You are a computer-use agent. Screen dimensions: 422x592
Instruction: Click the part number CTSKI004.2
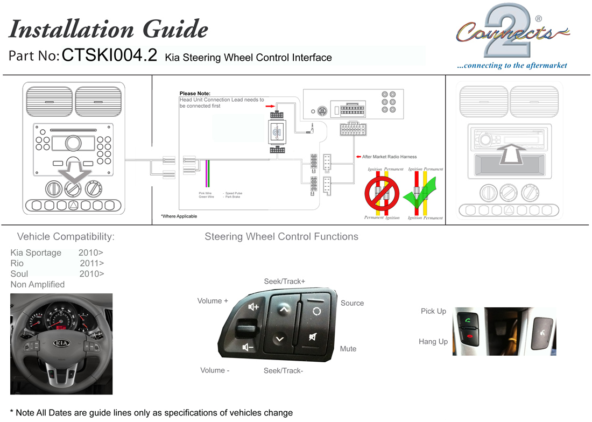(110, 55)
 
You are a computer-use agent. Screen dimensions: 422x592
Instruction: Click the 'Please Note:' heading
(195, 94)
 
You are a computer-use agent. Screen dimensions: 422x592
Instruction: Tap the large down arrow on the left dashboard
(73, 171)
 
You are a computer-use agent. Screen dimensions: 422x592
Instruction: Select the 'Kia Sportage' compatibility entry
(36, 252)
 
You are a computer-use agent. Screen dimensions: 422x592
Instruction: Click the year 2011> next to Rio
(91, 263)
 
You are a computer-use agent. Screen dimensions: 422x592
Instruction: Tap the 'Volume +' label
(213, 301)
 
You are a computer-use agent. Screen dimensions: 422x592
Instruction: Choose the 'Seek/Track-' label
(283, 370)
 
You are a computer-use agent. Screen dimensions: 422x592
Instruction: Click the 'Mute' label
(348, 349)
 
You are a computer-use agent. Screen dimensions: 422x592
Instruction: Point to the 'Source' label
(352, 303)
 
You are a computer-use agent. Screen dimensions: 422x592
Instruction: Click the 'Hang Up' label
(433, 342)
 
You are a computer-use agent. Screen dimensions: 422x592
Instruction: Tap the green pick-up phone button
(466, 321)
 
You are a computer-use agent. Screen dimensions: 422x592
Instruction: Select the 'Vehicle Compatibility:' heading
(66, 236)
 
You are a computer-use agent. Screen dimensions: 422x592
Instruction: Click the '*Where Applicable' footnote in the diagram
(179, 216)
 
